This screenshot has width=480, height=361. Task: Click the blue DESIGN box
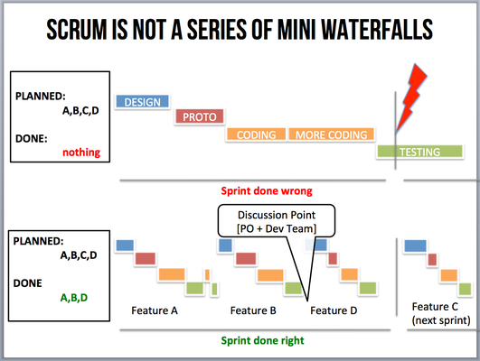point(142,101)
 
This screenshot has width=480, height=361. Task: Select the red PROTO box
point(199,116)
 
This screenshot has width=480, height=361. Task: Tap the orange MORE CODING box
point(331,134)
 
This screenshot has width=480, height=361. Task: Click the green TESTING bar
point(419,152)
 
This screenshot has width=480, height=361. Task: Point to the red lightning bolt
point(411,97)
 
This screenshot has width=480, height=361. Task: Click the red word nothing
point(81,153)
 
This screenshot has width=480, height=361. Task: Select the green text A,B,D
point(74,298)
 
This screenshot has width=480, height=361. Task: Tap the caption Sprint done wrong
point(267,191)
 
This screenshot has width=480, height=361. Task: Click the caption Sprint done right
point(263,340)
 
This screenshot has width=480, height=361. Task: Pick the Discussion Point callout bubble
point(277,221)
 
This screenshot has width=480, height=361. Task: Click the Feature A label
point(155,310)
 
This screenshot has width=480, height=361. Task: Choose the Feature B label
point(253,310)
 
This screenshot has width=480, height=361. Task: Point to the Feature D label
point(334,310)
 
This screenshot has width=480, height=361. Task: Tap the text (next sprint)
point(441,320)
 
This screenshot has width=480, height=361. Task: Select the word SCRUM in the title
point(77,30)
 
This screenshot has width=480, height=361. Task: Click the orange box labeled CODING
point(256,134)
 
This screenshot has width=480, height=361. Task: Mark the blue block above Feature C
point(415,245)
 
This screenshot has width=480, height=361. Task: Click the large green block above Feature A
point(194,288)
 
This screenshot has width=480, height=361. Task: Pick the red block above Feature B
point(246,259)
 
